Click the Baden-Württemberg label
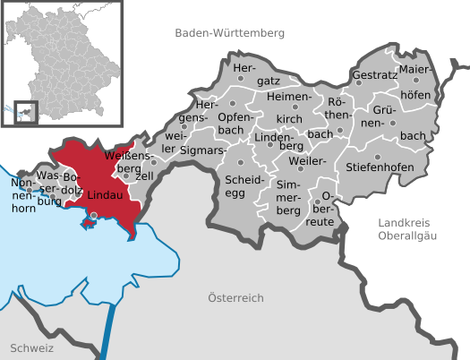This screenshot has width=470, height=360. click(x=230, y=32)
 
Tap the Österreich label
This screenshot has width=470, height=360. click(x=235, y=297)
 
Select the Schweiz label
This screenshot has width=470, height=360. click(x=33, y=347)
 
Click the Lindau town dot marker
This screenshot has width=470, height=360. click(x=94, y=215)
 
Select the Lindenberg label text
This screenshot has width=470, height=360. click(x=278, y=139)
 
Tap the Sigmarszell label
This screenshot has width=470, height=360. click(x=201, y=151)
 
